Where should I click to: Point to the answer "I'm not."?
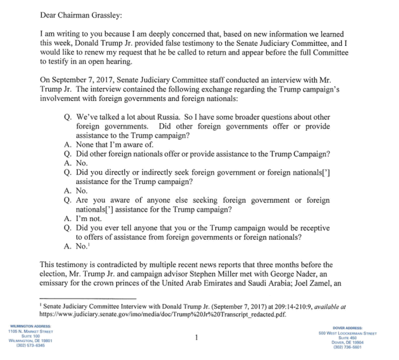(89, 219)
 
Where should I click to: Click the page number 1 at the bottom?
(196, 337)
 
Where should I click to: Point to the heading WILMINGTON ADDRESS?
(31, 326)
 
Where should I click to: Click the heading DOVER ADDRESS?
(347, 328)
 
